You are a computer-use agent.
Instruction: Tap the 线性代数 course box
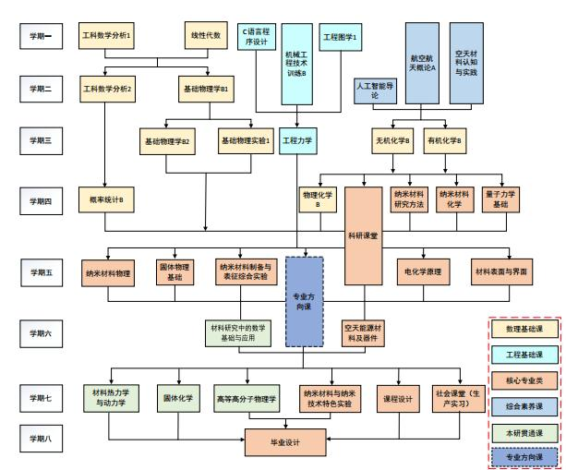tap(206, 37)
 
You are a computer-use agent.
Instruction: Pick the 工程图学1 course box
tap(339, 37)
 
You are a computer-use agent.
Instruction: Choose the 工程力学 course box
tap(295, 141)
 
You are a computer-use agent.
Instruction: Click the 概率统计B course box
tap(105, 199)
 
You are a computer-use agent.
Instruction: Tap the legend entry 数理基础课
tap(524, 330)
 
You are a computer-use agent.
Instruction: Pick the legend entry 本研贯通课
tap(524, 430)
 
